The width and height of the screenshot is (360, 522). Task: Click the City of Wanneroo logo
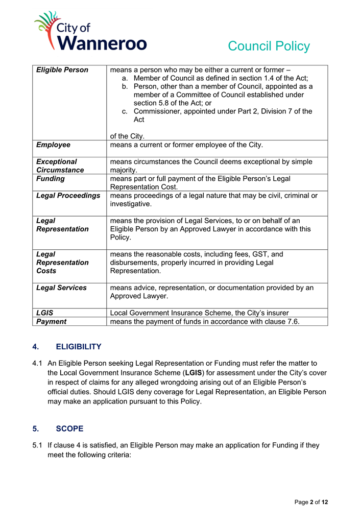tap(90, 32)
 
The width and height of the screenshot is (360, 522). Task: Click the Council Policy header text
tap(269, 46)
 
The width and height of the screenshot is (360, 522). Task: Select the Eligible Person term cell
tap(62, 70)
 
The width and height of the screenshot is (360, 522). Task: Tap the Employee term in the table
tap(53, 145)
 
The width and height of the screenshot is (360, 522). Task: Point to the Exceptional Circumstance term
tap(60, 166)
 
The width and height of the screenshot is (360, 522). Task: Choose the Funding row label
tap(51, 179)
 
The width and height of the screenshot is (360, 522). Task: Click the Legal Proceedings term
tap(68, 196)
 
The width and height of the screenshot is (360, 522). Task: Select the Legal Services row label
tap(61, 288)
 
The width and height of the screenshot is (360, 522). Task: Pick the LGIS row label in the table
tap(45, 313)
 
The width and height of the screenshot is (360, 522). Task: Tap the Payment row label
tap(52, 321)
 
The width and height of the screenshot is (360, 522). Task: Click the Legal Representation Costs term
tap(62, 262)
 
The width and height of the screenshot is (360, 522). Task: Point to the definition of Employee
tap(186, 145)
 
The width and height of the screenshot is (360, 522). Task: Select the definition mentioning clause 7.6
tap(204, 321)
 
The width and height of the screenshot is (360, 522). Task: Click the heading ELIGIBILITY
tap(79, 347)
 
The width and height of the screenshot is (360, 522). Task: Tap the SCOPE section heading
tap(69, 428)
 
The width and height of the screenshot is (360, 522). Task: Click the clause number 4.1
tap(37, 363)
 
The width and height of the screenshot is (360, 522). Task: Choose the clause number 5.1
tap(37, 445)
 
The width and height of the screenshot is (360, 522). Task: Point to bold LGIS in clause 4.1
tap(193, 373)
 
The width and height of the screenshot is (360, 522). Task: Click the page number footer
tap(311, 502)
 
